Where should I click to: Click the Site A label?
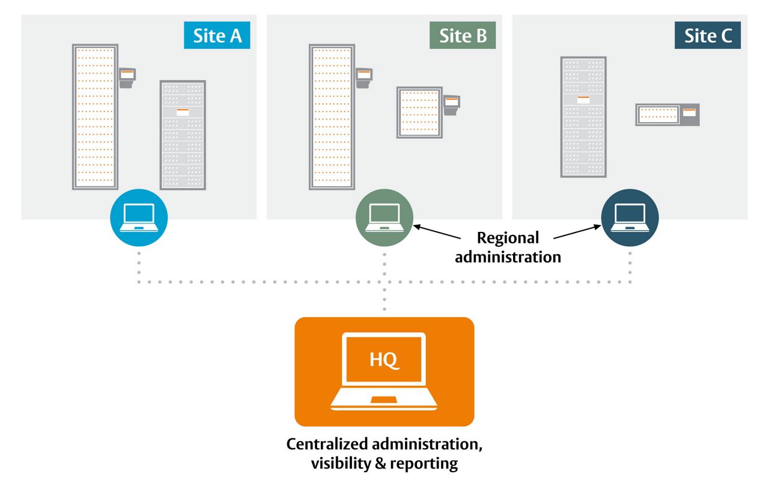pos(217,35)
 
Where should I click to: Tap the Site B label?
pos(463,35)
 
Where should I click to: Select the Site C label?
pos(708,35)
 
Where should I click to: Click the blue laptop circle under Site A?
pos(139,217)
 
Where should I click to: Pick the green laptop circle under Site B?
pos(384,217)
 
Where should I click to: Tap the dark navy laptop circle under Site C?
pos(630,217)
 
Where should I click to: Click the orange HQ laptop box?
pos(384,372)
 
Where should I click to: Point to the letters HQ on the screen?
pos(384,360)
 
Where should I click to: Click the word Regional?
pos(508,238)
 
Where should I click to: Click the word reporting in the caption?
pos(424,464)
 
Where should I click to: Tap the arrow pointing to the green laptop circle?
pos(437,232)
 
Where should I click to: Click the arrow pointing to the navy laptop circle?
pos(577,232)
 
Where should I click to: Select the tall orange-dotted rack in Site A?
pos(95,117)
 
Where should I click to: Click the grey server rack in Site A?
pos(183,135)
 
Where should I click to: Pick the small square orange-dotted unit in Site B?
pos(419,112)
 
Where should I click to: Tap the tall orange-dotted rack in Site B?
pos(332,117)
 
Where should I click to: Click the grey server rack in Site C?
pos(583,117)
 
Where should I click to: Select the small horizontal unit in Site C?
pos(667,115)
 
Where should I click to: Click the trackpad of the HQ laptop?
pos(384,399)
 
